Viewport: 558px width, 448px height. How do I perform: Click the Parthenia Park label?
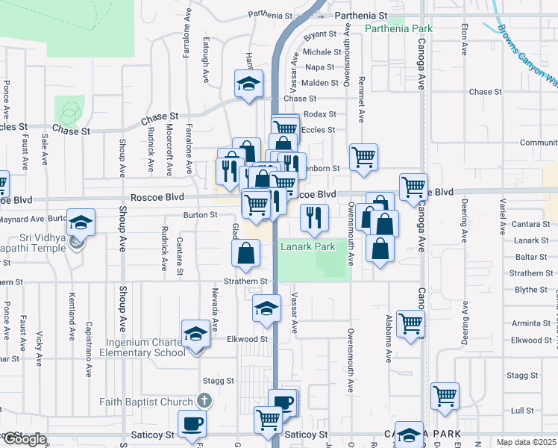click(x=399, y=28)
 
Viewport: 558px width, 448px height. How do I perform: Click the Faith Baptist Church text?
click(x=147, y=402)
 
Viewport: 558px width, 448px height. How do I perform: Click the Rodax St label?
click(x=321, y=114)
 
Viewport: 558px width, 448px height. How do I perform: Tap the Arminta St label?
click(x=531, y=323)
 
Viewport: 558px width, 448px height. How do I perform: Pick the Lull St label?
click(x=522, y=411)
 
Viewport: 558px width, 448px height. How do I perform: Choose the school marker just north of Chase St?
click(x=249, y=84)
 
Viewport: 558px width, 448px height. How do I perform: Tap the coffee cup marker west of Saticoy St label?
click(x=192, y=423)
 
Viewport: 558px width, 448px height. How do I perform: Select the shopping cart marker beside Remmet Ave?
click(x=363, y=157)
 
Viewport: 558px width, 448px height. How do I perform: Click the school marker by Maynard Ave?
click(x=81, y=223)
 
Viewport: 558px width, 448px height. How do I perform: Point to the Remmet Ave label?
click(x=362, y=100)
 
